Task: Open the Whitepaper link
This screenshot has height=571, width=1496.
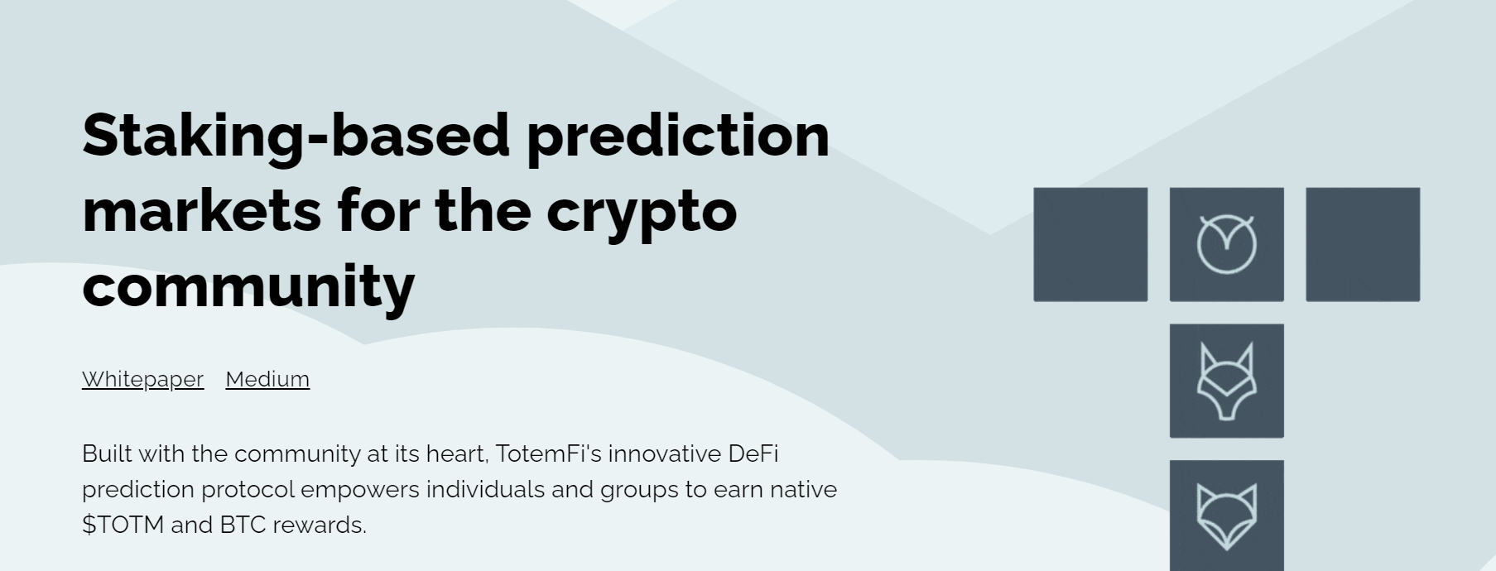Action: click(142, 379)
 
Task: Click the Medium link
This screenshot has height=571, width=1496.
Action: click(267, 379)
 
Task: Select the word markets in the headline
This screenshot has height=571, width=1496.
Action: click(202, 210)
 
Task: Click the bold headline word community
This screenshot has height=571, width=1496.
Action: click(248, 287)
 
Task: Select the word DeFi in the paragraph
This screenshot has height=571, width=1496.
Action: click(753, 453)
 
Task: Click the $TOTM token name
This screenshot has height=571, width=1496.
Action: click(123, 525)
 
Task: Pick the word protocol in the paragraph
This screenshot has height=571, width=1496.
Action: click(248, 490)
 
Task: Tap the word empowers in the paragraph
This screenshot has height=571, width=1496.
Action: click(360, 490)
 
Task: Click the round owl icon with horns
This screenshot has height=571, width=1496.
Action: click(1227, 244)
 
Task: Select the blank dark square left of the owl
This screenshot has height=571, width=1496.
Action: click(1090, 244)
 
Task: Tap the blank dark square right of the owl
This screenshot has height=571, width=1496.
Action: click(1363, 244)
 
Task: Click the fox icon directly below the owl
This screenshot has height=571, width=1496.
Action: click(1227, 381)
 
